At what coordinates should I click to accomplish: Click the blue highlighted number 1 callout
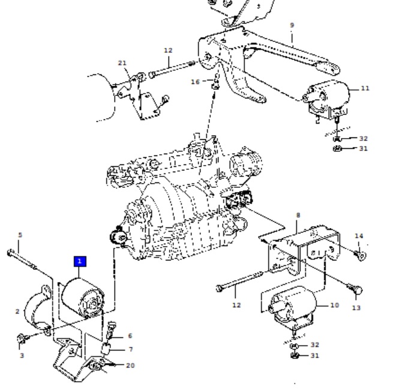(x=80, y=261)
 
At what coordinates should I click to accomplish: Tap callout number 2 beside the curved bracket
(x=17, y=311)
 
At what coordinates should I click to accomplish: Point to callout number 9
(x=292, y=25)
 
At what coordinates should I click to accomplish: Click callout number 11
(x=365, y=88)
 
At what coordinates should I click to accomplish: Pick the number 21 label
(x=122, y=63)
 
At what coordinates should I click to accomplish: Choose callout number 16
(x=195, y=82)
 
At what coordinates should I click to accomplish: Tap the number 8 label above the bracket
(x=298, y=215)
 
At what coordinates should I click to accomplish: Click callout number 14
(x=359, y=236)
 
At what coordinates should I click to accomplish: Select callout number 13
(x=356, y=308)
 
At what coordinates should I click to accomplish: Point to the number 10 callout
(x=335, y=305)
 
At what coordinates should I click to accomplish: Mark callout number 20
(x=130, y=365)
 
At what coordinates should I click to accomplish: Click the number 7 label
(x=131, y=349)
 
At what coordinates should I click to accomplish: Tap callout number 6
(x=130, y=336)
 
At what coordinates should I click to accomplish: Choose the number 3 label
(x=22, y=355)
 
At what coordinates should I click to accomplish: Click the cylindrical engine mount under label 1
(x=82, y=298)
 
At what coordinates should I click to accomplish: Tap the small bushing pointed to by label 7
(x=106, y=349)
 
